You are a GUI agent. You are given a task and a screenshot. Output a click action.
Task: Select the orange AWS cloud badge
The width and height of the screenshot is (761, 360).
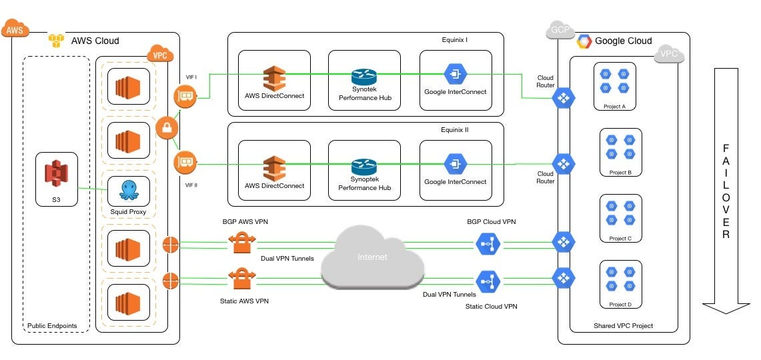pos(15,29)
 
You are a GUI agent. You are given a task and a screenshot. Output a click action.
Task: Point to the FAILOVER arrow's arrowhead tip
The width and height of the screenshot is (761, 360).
pos(726,311)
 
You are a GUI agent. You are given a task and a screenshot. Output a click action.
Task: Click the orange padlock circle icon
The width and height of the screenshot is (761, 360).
pos(165,127)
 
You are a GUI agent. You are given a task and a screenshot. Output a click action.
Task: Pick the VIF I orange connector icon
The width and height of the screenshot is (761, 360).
pos(185,97)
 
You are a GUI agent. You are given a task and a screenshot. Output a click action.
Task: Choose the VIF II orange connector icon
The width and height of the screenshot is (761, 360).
pos(185,162)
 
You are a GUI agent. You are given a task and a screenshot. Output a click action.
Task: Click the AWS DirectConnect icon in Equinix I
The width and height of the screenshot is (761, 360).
pos(274,79)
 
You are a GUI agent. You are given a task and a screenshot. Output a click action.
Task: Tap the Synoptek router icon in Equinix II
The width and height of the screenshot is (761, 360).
pos(364,167)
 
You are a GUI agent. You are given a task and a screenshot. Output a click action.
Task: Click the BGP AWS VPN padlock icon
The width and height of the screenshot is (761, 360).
pos(241,242)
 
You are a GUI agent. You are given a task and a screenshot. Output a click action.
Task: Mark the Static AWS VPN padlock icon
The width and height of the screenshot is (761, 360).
pos(241,278)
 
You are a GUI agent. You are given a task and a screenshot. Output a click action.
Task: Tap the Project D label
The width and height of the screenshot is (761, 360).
pos(620,305)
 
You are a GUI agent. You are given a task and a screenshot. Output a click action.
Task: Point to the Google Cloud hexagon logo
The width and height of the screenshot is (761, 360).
pos(584,41)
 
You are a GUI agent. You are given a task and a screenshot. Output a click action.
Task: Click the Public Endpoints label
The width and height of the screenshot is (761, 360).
pos(52,326)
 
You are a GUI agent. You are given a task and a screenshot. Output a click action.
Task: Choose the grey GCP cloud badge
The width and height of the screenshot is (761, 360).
pos(558,30)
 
